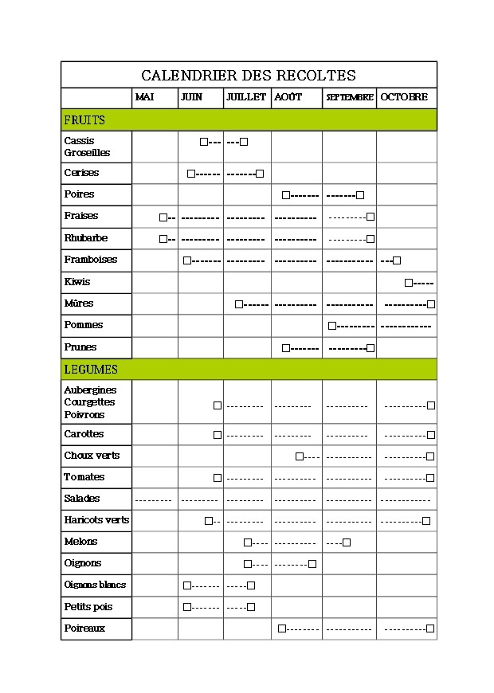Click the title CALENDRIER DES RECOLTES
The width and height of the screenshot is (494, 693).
(x=248, y=76)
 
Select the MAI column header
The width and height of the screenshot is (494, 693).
(x=144, y=97)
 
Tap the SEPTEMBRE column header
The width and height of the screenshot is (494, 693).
(x=350, y=97)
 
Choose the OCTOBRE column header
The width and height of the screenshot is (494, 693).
(x=403, y=97)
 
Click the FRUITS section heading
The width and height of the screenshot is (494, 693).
(x=84, y=120)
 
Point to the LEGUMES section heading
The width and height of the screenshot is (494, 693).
(x=91, y=370)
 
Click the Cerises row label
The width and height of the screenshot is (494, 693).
(x=81, y=173)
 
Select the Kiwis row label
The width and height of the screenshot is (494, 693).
(x=77, y=282)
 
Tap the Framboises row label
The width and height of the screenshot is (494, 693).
(x=91, y=260)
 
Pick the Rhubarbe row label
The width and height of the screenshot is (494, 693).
(x=85, y=238)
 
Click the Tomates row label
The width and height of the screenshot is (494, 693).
(x=84, y=477)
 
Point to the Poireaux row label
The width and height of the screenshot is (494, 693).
(x=84, y=628)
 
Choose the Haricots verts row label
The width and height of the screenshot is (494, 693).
(x=96, y=520)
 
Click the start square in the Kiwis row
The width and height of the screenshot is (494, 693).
(x=409, y=283)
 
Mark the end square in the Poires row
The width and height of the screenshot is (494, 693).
(x=360, y=195)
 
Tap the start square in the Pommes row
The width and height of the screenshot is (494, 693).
(x=332, y=326)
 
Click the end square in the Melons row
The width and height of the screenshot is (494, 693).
(x=347, y=542)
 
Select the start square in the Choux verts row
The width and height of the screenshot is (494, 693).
(x=300, y=456)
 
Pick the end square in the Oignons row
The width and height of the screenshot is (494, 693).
(x=312, y=564)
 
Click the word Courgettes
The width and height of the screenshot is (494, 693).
(x=89, y=402)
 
